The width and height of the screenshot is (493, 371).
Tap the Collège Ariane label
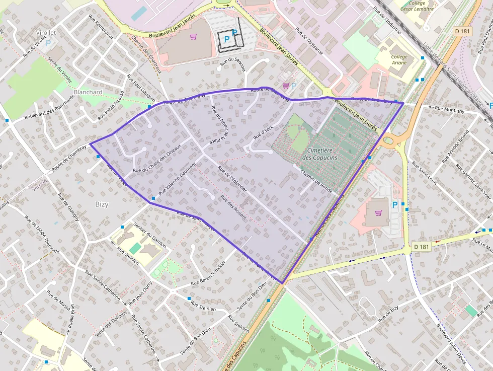click(399, 60)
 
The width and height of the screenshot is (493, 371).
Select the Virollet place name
click(46, 32)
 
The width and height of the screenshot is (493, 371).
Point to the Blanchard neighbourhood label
click(88, 92)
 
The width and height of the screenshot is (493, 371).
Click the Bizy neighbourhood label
click(102, 204)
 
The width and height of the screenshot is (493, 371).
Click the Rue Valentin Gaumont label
click(177, 179)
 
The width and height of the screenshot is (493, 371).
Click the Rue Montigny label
click(450, 109)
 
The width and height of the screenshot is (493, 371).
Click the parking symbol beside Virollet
click(48, 43)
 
